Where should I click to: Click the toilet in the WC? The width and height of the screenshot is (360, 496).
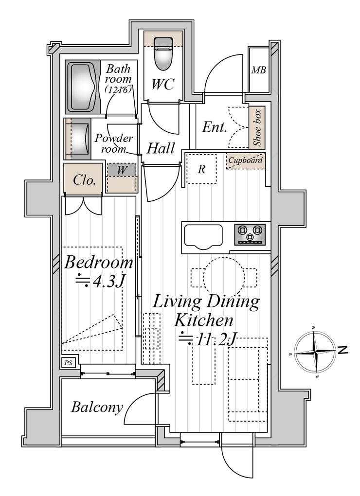[163, 53]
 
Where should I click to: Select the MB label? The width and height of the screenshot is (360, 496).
[258, 70]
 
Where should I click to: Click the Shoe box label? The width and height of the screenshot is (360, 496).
[257, 127]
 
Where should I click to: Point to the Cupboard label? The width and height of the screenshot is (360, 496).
[246, 160]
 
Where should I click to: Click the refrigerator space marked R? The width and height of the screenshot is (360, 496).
[201, 169]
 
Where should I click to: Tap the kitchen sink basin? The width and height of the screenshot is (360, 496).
[203, 237]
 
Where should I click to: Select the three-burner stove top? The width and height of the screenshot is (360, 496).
[250, 234]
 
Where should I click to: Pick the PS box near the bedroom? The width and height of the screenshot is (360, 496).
[69, 362]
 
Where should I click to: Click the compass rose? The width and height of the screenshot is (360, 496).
[315, 352]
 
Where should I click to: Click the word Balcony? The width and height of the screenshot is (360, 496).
[97, 407]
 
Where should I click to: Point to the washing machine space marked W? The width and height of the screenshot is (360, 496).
[122, 170]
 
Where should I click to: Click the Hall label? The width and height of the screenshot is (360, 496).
[161, 148]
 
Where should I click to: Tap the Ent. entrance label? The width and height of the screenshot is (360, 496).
[215, 127]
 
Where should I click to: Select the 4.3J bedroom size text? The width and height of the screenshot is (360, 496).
[99, 280]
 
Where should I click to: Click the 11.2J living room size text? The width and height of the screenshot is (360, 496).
[207, 339]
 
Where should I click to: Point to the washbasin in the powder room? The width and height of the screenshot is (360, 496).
[78, 139]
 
